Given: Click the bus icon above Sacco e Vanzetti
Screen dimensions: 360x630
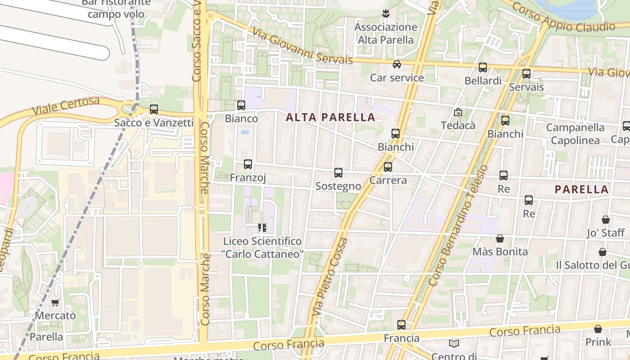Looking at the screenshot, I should click(154, 109).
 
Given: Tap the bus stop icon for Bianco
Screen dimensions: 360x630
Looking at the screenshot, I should click(241, 105).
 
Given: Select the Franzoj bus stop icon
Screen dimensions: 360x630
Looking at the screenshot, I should click(248, 164).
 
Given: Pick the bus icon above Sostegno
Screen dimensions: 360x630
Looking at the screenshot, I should click(338, 173).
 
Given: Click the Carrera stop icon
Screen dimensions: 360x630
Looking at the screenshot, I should click(388, 167).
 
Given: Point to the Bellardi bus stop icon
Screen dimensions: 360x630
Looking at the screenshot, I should click(483, 67).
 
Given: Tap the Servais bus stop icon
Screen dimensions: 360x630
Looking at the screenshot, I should click(526, 74).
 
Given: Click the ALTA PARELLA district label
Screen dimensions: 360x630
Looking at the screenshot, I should click(330, 117).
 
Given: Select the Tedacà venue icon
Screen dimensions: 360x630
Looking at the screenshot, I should click(458, 112).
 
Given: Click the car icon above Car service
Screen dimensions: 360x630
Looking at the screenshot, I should click(397, 64).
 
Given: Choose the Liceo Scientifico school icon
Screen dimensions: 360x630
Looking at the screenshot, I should click(262, 228).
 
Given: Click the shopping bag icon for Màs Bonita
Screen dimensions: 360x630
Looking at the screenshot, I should click(500, 238).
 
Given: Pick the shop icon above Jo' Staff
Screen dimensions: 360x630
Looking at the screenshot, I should click(606, 220).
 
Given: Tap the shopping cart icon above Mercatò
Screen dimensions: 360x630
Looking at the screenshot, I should click(55, 302).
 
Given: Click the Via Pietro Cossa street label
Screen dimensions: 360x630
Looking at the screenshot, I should click(330, 277).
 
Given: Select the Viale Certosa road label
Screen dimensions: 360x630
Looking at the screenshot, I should click(66, 106).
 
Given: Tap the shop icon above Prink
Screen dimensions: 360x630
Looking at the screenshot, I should click(598, 329).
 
